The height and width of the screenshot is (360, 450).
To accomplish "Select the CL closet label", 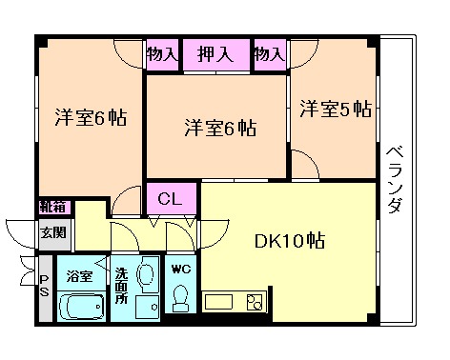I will point(171,199).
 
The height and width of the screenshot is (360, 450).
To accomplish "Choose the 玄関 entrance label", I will point(52,230).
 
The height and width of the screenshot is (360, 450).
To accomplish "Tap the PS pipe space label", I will point(44,285).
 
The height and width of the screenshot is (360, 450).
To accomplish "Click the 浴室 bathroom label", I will point(79,277).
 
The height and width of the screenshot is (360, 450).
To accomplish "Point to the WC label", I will point(178,270).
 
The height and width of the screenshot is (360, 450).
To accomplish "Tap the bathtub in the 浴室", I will point(82,307).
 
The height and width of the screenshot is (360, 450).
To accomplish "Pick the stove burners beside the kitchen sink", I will point(254,303).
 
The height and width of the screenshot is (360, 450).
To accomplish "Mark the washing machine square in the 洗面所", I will point(146,307).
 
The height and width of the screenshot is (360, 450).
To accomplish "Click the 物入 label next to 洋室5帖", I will point(270,54).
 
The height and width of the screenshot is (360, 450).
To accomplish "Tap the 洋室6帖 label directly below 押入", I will point(218,127).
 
